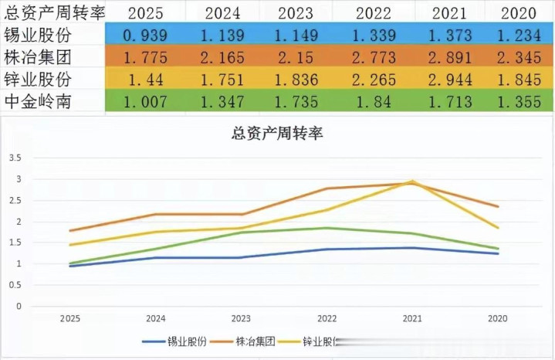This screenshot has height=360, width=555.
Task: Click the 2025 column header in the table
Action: click(x=145, y=12)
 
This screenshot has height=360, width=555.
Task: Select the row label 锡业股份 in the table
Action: click(x=39, y=35)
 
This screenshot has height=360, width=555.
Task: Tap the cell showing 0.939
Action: click(x=145, y=35)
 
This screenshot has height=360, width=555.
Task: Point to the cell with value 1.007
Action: click(x=145, y=101)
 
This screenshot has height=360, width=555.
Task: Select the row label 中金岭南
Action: click(x=39, y=101)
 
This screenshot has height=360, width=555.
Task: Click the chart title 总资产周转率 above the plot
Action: click(x=277, y=134)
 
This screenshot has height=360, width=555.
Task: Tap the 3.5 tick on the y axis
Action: click(x=15, y=158)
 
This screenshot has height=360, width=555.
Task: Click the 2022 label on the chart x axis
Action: click(x=326, y=318)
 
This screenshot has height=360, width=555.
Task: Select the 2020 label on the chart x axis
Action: click(x=499, y=318)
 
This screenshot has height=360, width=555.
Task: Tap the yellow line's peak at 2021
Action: click(x=412, y=182)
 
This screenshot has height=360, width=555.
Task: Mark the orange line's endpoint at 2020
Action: click(x=499, y=206)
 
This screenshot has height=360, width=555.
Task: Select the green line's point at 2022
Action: click(x=326, y=228)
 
